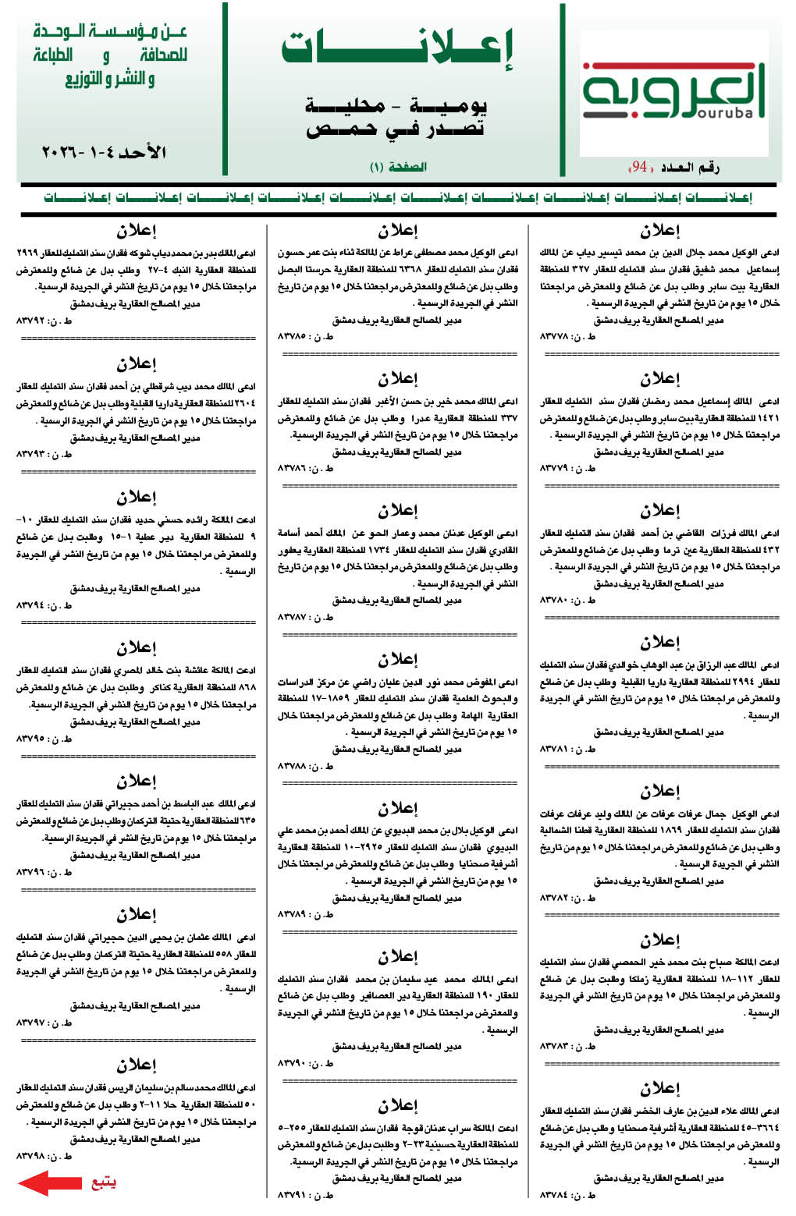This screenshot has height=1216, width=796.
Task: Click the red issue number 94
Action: click(x=640, y=166)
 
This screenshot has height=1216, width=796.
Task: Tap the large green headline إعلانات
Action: click(x=397, y=48)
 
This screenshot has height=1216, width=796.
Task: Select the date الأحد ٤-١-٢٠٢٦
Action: click(x=104, y=151)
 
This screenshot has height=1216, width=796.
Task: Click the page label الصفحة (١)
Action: click(x=398, y=167)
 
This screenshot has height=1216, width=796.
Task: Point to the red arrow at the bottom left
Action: click(x=49, y=1182)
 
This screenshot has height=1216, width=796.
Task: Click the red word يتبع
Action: click(x=103, y=1182)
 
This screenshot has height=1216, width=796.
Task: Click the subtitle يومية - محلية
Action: click(x=396, y=105)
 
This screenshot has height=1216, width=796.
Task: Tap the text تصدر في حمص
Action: click(x=396, y=129)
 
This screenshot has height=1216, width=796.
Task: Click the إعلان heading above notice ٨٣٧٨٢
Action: click(x=660, y=791)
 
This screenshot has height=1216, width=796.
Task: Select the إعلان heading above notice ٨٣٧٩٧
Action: click(x=137, y=914)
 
